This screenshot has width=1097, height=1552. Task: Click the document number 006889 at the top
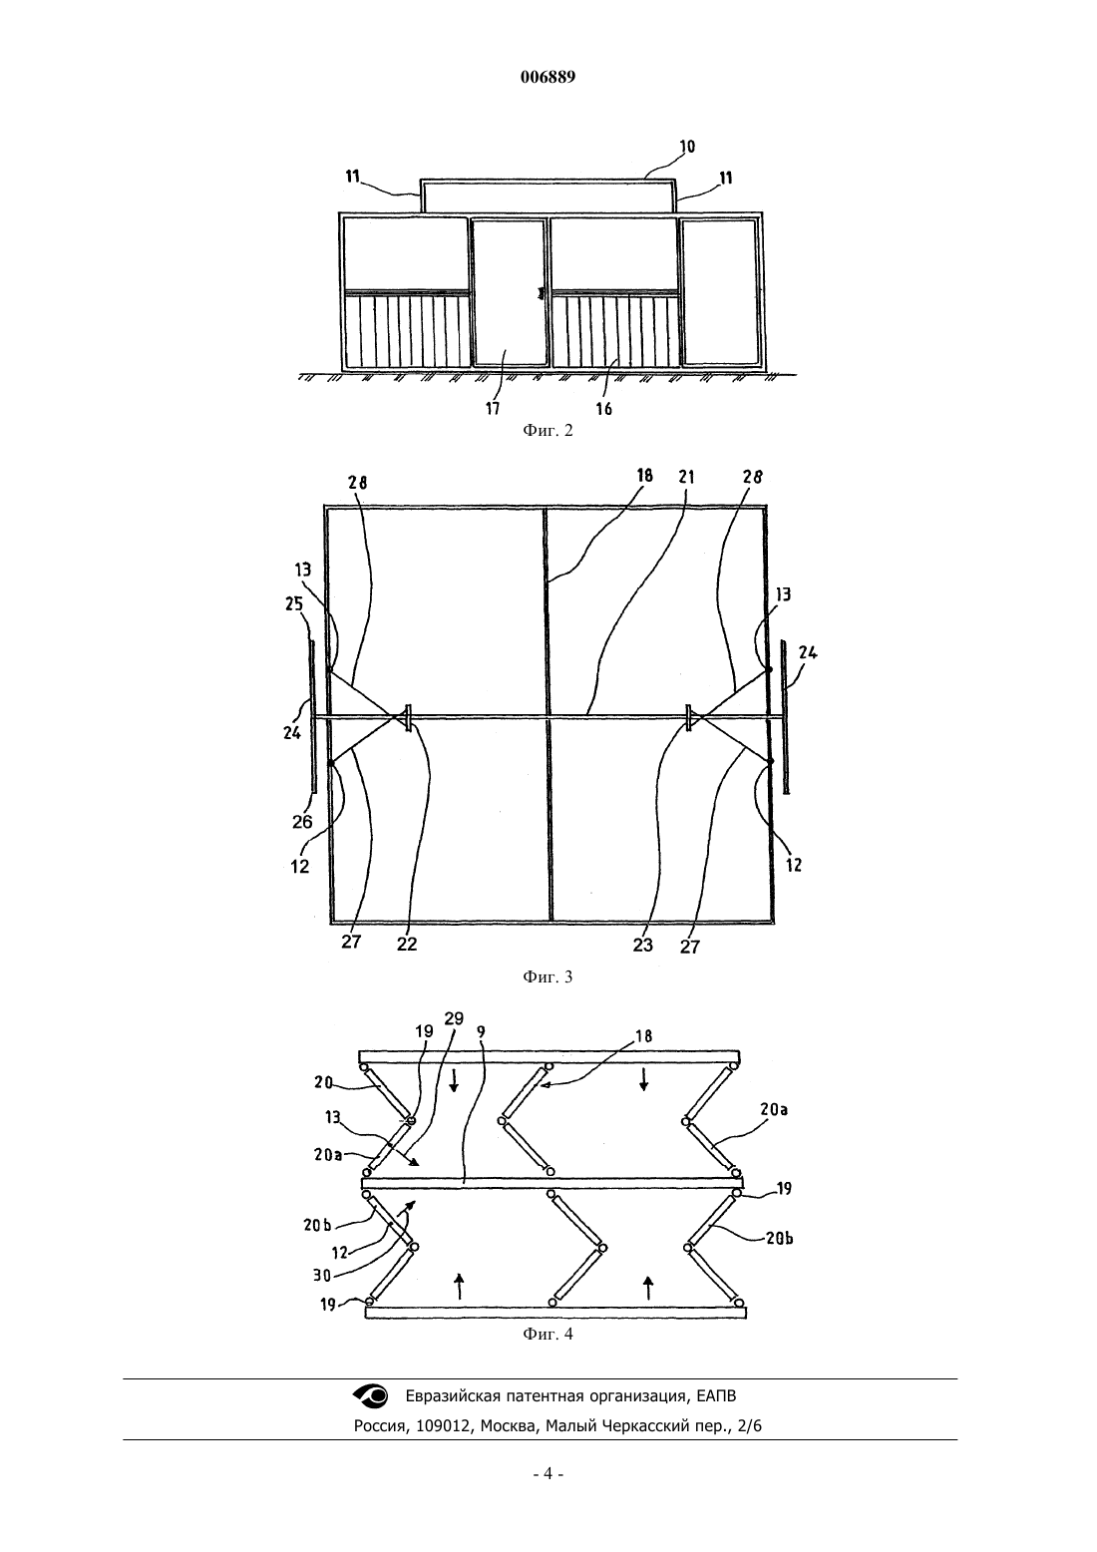click(x=548, y=77)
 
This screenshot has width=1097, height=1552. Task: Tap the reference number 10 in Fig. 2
click(x=687, y=147)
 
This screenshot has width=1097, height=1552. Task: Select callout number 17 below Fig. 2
click(x=493, y=408)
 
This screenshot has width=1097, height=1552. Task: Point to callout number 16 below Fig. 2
click(x=604, y=409)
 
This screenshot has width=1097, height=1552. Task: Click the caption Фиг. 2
click(x=548, y=430)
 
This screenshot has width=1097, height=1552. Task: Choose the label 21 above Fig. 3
click(x=686, y=477)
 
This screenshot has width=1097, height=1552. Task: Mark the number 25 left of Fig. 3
click(x=294, y=604)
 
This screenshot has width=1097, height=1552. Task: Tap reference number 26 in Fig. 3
click(x=302, y=822)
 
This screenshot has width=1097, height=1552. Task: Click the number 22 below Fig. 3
click(x=407, y=944)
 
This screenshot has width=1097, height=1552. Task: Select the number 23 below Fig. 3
click(x=642, y=945)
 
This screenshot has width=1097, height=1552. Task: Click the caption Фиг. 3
click(x=548, y=976)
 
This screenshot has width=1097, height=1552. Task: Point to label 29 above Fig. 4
click(x=454, y=1018)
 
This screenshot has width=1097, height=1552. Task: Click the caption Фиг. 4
click(x=548, y=1334)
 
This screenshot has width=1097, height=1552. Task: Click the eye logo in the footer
click(x=371, y=1395)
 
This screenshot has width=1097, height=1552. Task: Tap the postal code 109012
click(x=448, y=1426)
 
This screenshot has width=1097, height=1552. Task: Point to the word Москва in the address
click(x=509, y=1426)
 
